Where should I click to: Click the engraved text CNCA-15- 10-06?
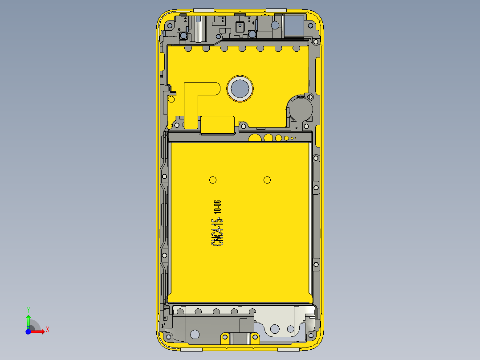[218, 223]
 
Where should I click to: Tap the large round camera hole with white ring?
[240, 88]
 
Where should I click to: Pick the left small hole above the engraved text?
[213, 180]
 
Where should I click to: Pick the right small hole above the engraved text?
[267, 180]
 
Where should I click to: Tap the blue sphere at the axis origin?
[28, 331]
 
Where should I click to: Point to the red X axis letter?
[47, 329]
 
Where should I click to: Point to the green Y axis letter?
[28, 310]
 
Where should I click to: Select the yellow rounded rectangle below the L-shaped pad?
[218, 124]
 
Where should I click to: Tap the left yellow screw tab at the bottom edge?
[225, 340]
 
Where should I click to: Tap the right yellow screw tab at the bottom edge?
[256, 340]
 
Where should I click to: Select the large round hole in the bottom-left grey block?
[195, 334]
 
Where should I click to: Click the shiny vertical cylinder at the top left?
[198, 28]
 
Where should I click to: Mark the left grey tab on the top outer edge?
[204, 9]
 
